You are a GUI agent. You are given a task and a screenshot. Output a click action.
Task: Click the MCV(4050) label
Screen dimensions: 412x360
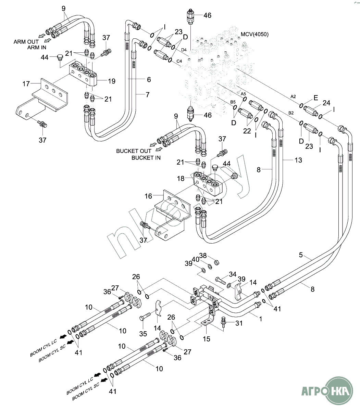click(255, 34)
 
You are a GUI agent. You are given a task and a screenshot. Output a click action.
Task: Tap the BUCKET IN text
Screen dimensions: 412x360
click(146, 158)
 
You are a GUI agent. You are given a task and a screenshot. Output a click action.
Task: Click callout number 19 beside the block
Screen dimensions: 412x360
click(111, 81)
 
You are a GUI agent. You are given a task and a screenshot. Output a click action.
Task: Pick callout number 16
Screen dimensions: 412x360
click(148, 196)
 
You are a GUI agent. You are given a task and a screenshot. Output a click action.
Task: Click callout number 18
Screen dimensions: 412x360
click(181, 178)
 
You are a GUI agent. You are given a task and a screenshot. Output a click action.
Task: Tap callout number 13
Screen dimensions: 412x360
click(298, 160)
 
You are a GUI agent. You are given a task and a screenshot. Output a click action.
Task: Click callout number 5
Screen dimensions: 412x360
click(301, 255)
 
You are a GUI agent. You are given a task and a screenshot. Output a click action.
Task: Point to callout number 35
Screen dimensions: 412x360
click(143, 333)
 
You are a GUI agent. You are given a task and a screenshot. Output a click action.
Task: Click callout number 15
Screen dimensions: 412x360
click(207, 339)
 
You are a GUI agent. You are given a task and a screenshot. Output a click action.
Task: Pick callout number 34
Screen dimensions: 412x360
click(233, 274)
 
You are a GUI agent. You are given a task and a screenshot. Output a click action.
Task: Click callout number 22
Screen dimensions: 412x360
click(247, 130)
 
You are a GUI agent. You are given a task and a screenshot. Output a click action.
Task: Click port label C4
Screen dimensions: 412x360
click(179, 61)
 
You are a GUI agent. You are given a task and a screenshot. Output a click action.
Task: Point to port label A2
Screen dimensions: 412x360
click(293, 97)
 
